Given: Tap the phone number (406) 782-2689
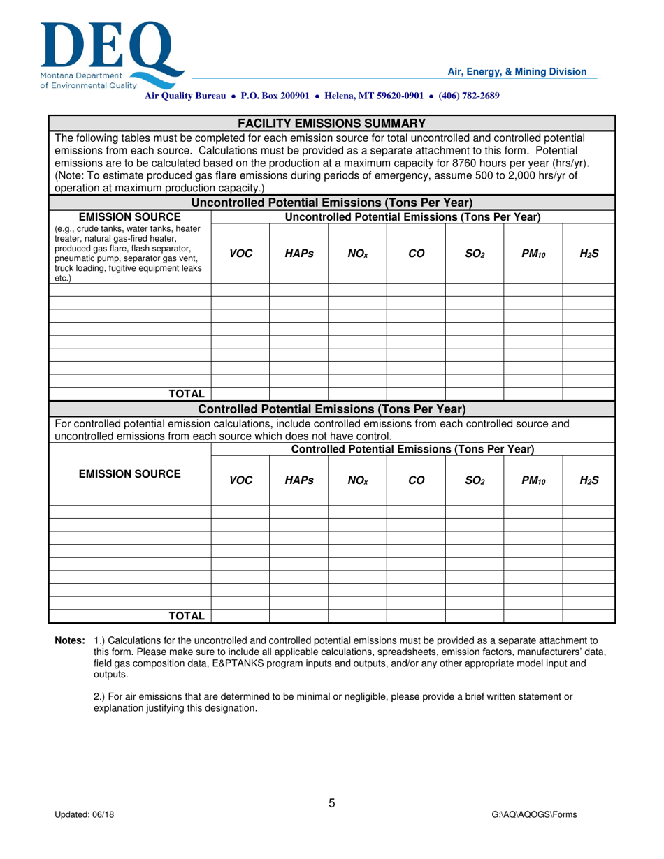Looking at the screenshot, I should pyautogui.click(x=469, y=96).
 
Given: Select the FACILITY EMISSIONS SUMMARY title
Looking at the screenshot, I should pyautogui.click(x=331, y=123).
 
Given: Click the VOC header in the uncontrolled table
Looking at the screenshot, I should pyautogui.click(x=240, y=254).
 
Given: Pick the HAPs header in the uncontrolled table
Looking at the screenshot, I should pyautogui.click(x=298, y=254).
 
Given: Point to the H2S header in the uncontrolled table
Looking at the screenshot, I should pyautogui.click(x=589, y=254).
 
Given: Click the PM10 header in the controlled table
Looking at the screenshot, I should pyautogui.click(x=533, y=480).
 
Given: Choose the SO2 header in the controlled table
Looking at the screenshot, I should pyautogui.click(x=475, y=480).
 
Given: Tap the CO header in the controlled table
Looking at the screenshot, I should pyautogui.click(x=416, y=480).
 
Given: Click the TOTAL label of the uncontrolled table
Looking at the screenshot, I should pyautogui.click(x=187, y=395).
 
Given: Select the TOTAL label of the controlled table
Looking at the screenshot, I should pyautogui.click(x=187, y=615).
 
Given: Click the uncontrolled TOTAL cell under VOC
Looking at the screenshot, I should pyautogui.click(x=240, y=395).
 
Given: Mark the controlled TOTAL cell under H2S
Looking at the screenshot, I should pyautogui.click(x=589, y=615).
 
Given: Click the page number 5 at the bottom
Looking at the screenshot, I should pyautogui.click(x=332, y=803).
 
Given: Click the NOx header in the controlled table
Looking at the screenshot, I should pyautogui.click(x=357, y=480).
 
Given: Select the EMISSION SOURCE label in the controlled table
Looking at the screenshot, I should pyautogui.click(x=129, y=474).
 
